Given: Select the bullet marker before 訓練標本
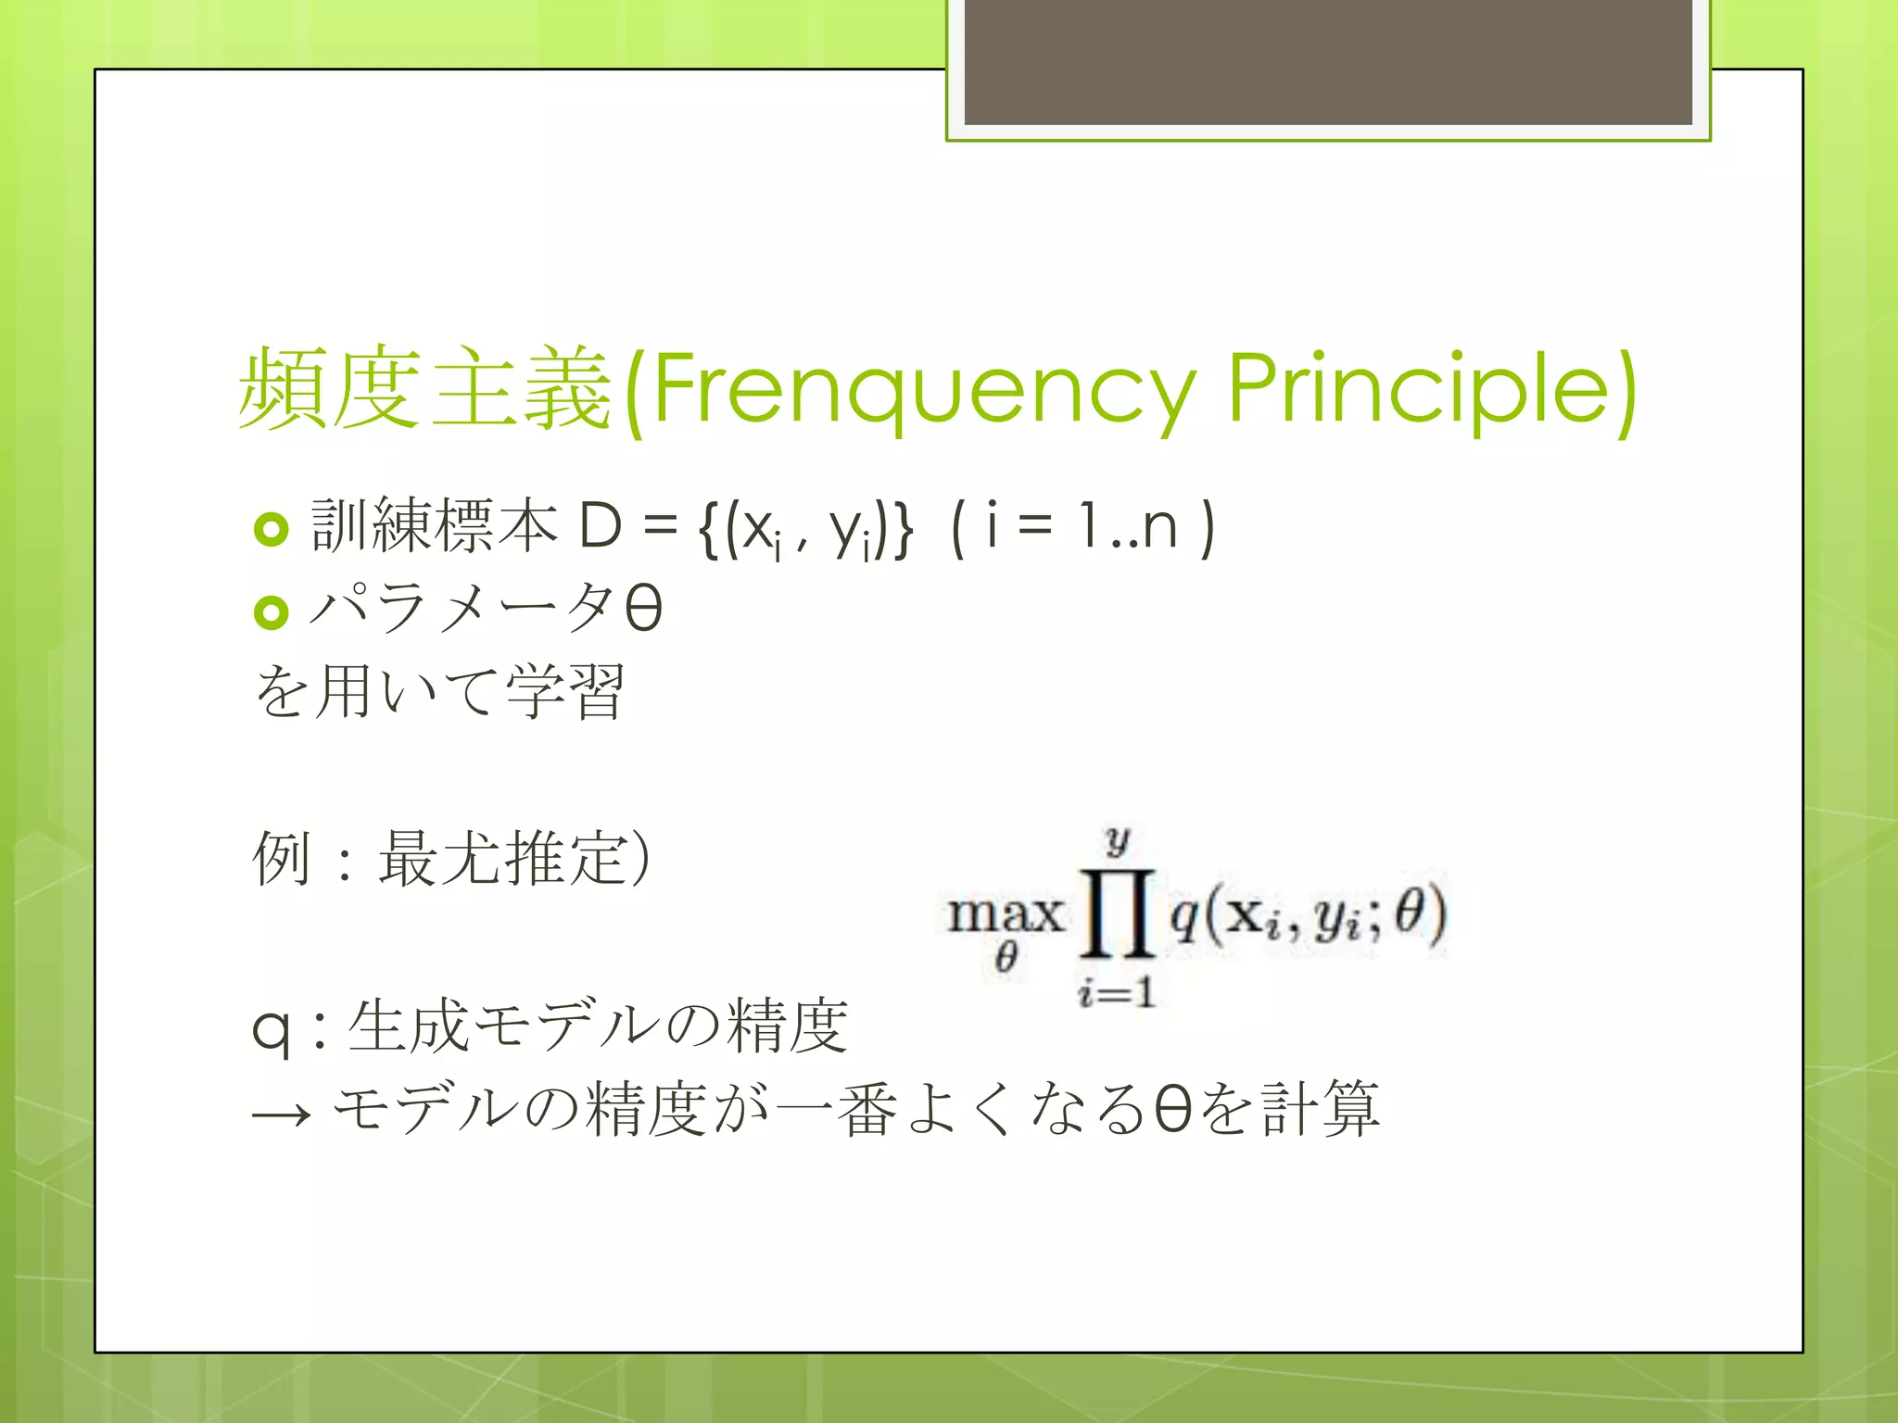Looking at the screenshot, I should point(271,529).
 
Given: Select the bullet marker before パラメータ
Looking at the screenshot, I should point(271,611).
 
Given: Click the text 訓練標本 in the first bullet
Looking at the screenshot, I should point(434,526).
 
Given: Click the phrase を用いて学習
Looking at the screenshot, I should point(439,692).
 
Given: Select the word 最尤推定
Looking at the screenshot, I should point(502,858).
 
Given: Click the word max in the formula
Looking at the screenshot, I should point(1005,914).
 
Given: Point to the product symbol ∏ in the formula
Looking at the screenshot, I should point(1118,914).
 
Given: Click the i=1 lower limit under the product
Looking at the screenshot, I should point(1117,993).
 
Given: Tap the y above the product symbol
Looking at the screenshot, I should point(1118,840).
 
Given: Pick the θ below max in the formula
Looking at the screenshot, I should point(1006,957).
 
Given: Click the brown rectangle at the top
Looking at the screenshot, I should point(1328,62).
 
